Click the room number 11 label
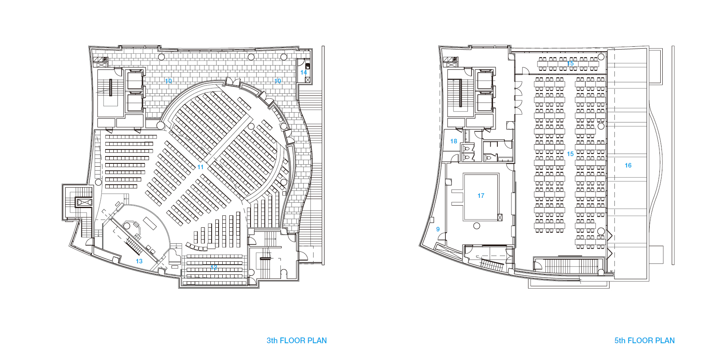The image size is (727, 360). tap(200, 167)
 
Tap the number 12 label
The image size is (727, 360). tap(214, 267)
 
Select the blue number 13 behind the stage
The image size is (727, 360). tap(139, 261)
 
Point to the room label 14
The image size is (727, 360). tap(303, 72)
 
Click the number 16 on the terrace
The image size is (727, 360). tap(628, 165)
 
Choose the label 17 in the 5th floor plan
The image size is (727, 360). tap(481, 196)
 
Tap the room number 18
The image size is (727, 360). tap(454, 141)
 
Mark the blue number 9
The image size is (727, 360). tap(438, 229)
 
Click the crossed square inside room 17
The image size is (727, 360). tap(500, 217)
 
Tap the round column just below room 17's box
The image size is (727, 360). tap(476, 226)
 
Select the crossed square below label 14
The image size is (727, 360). tap(308, 80)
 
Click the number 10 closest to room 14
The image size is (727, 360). tap(278, 81)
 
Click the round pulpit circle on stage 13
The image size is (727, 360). tap(127, 226)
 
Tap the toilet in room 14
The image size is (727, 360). tap(307, 66)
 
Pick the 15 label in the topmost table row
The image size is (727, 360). tap(570, 63)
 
